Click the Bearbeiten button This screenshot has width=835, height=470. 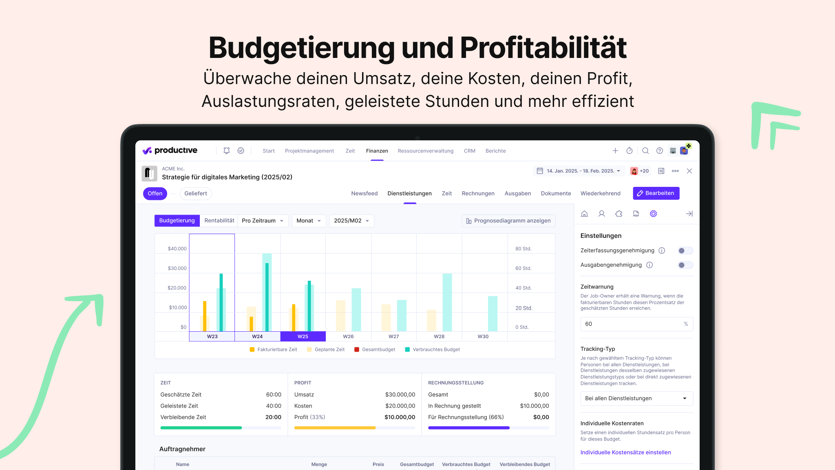[x=656, y=193]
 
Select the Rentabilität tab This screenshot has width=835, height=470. [x=219, y=221]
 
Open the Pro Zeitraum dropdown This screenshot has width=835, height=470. [x=263, y=221]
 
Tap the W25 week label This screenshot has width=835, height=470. [x=303, y=337]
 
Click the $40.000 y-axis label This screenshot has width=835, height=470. [x=177, y=249]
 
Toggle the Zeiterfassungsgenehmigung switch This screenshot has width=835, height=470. [x=685, y=251]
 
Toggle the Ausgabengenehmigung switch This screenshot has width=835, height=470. [x=685, y=265]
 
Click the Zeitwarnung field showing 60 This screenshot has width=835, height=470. [x=632, y=324]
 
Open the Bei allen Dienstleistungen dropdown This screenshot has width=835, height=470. [x=636, y=399]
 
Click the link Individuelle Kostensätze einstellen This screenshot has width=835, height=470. [x=625, y=452]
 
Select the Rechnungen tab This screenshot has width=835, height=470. [x=478, y=193]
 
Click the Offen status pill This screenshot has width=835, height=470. [x=155, y=193]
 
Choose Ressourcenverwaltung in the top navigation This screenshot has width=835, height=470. [x=425, y=151]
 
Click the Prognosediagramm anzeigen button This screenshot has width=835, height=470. [x=508, y=221]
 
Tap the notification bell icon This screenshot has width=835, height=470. [x=227, y=151]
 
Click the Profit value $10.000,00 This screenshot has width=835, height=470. [x=400, y=417]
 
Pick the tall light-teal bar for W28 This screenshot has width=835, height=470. [x=447, y=302]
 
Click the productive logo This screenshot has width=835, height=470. [x=170, y=151]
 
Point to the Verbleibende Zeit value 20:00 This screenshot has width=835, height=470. [x=273, y=417]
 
